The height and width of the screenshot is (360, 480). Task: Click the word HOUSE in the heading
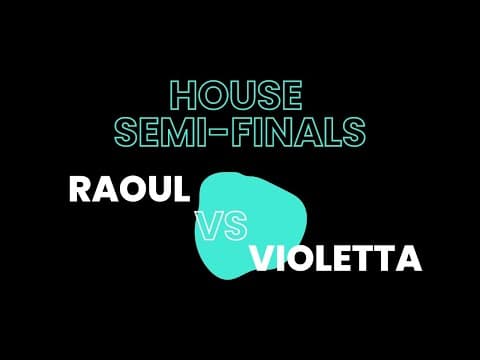(x=236, y=96)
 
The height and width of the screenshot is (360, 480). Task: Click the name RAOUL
(x=128, y=189)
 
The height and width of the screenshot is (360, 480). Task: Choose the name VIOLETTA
(x=336, y=259)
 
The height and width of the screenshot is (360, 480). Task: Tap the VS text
(x=221, y=228)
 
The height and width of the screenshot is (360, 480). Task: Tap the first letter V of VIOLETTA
(x=263, y=259)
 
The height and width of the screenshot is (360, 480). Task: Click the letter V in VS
(x=209, y=228)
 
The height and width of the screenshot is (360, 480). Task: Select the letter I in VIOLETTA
(x=283, y=259)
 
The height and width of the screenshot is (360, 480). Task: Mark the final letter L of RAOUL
(x=180, y=189)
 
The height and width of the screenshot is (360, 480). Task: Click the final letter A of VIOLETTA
(x=407, y=259)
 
